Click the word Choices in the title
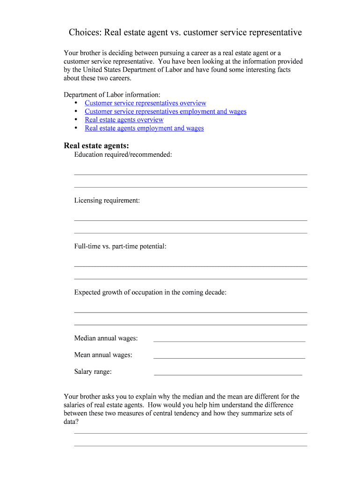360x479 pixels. (85, 32)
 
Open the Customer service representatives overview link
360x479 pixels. (145, 103)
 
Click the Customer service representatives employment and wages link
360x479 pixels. (166, 111)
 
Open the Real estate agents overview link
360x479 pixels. (124, 120)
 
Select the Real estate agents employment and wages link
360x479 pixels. (144, 128)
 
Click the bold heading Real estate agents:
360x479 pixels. (96, 145)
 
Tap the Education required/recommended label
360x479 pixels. (123, 154)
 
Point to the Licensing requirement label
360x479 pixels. (107, 200)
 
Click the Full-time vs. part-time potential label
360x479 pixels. (120, 246)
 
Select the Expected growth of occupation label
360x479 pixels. (150, 292)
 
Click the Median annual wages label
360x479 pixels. (106, 338)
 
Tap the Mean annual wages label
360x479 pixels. (103, 355)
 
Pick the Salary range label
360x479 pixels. (93, 372)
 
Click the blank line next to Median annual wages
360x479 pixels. (229, 341)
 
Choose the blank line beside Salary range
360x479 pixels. (228, 375)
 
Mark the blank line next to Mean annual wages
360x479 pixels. (229, 358)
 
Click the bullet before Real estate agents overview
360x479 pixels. (76, 120)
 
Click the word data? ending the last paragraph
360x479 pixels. (71, 422)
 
